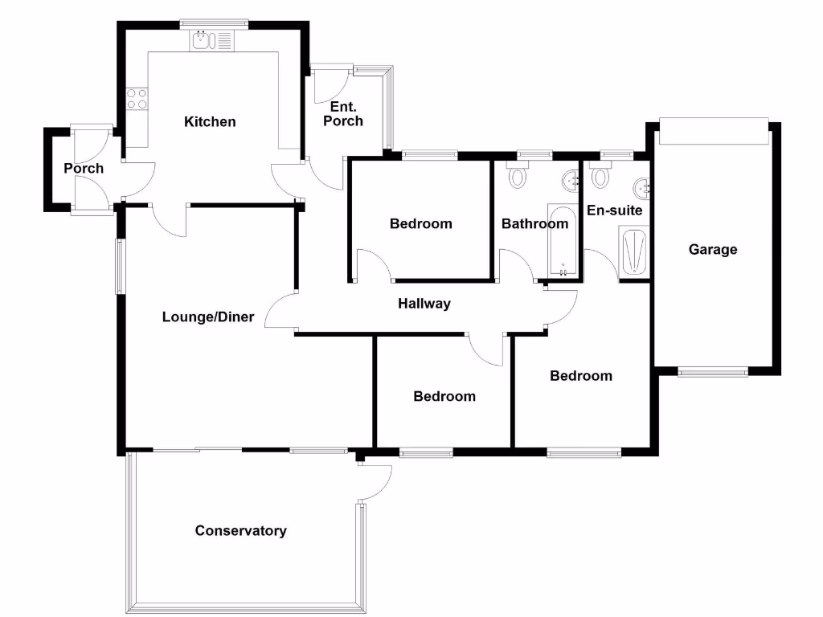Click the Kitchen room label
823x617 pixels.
coord(210,122)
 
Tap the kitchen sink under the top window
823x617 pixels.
coord(211,40)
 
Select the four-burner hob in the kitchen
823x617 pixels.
coord(137,98)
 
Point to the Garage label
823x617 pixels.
coord(712,250)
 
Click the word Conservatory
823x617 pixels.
coord(240,531)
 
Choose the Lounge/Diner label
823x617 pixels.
coord(207,317)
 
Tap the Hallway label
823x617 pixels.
coord(424,304)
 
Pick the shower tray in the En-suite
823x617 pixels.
coord(633,251)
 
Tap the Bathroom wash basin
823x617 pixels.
coord(571,181)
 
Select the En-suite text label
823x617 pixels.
coord(614,210)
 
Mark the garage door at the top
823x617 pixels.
coord(713,131)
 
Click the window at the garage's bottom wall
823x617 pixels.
coord(712,371)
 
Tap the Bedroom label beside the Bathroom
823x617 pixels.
coord(420,224)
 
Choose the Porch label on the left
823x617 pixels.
coord(84,169)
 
